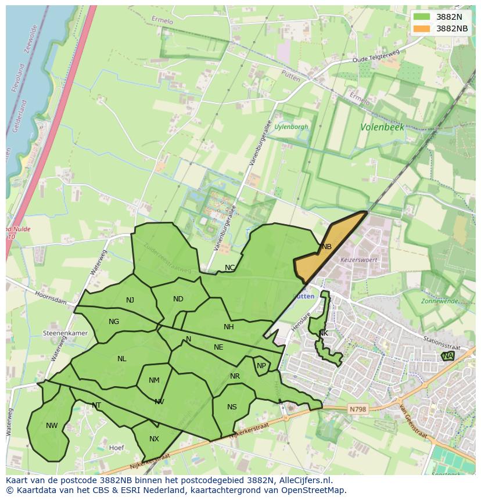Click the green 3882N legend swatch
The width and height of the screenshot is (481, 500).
[x=422, y=17]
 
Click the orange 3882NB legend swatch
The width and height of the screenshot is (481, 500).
[x=422, y=28]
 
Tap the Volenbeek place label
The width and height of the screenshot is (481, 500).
[x=382, y=127]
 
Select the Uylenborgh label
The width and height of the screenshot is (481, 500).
[x=291, y=127]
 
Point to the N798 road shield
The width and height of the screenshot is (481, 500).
[x=358, y=409]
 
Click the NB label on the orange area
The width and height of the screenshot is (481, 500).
[x=326, y=247]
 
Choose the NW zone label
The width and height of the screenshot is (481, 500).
[x=52, y=426]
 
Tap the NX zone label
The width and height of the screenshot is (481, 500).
[x=154, y=439]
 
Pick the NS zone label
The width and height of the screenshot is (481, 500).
[x=232, y=407]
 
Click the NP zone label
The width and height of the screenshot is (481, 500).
[x=261, y=366]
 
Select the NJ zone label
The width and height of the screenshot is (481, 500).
[x=130, y=300]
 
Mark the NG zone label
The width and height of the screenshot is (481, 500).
[x=114, y=322]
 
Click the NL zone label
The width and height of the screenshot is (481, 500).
[x=121, y=359]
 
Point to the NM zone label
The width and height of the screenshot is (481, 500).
[x=154, y=381]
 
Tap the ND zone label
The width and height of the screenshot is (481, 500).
[x=178, y=299]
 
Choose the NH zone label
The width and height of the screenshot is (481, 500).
[x=229, y=327]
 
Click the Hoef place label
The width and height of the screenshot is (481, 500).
[x=117, y=448]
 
